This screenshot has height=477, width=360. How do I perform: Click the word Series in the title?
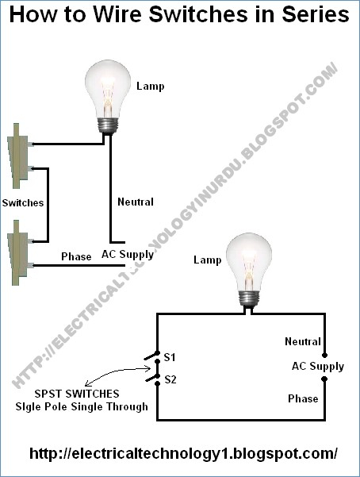[x=316, y=14]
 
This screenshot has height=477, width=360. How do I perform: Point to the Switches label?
[x=23, y=203]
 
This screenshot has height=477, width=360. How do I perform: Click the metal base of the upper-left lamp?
[x=107, y=125]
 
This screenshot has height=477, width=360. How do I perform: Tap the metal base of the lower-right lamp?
[x=249, y=298]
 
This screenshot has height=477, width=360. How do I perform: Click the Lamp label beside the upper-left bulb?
[x=150, y=87]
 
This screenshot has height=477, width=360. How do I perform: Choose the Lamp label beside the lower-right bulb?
[x=208, y=260]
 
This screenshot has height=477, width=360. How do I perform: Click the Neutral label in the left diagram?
[x=136, y=202]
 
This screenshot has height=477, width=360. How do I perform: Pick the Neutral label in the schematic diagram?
[x=303, y=341]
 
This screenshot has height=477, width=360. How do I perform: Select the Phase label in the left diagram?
[x=76, y=256]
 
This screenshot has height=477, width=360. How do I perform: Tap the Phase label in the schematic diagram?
[x=303, y=398]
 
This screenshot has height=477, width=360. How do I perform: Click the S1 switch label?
[x=170, y=357]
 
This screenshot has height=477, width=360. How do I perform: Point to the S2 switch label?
[x=170, y=379]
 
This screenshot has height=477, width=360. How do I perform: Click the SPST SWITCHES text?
[x=77, y=394]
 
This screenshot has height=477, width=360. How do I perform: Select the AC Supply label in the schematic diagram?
[x=318, y=367]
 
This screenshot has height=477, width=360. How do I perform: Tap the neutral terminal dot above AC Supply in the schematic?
[x=324, y=355]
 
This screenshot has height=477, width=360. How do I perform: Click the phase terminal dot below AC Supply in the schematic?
[x=324, y=379]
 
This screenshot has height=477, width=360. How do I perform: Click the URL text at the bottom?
[x=183, y=453]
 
